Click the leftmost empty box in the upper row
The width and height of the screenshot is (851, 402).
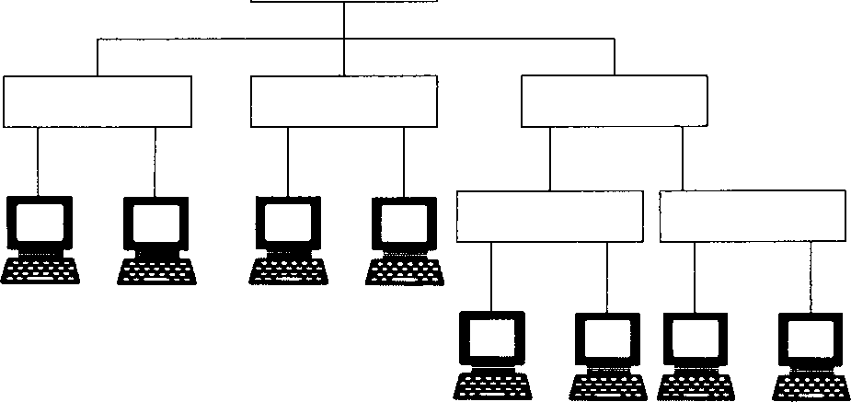[98, 101]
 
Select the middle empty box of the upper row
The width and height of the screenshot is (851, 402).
[343, 101]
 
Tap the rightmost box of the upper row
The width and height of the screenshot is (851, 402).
[615, 101]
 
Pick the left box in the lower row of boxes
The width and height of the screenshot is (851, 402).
[549, 216]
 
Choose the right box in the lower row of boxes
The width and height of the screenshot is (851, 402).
[753, 216]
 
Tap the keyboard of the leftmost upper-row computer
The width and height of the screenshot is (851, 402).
[40, 270]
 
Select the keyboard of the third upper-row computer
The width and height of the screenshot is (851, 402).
[287, 270]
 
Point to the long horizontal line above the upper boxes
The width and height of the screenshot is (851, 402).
[221, 39]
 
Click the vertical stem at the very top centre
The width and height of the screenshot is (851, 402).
[343, 18]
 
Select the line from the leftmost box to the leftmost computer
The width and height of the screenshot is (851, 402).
[38, 161]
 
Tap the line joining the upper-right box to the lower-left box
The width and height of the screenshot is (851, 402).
[550, 158]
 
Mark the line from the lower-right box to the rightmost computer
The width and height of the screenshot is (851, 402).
[811, 276]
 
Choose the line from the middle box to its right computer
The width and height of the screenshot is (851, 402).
[403, 161]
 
